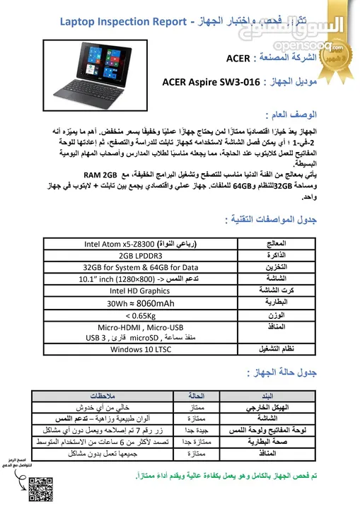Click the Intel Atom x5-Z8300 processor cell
click(x=140, y=243)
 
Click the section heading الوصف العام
click(x=291, y=115)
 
